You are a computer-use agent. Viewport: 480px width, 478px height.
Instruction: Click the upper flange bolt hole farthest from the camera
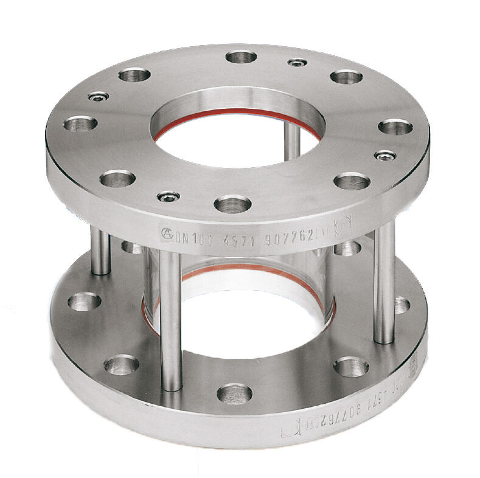tap(241, 57)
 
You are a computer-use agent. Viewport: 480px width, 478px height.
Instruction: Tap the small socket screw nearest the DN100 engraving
tap(169, 196)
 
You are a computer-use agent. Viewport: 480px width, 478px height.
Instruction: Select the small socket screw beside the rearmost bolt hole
tap(297, 63)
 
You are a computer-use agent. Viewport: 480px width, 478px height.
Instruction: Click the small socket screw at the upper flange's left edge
tap(98, 97)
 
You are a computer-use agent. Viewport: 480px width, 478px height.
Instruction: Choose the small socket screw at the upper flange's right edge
tap(384, 156)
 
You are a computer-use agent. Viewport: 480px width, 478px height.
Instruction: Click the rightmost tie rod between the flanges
tap(384, 283)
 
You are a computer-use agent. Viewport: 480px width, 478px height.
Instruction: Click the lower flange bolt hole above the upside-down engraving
tap(351, 366)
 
